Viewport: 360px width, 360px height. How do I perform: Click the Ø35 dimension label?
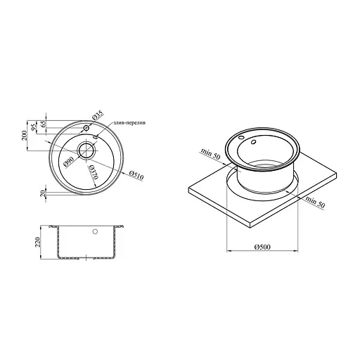[98, 116]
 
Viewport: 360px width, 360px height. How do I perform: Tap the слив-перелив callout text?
[129, 123]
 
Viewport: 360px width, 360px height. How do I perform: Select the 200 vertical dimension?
[25, 136]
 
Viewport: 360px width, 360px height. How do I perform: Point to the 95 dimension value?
[34, 127]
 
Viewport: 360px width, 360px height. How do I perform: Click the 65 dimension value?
[44, 124]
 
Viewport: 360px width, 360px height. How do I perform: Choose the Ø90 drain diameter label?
[69, 162]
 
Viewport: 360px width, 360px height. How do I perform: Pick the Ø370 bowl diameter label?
[93, 172]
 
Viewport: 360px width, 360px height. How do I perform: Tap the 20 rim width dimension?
[43, 193]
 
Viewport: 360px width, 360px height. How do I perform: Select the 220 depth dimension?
[37, 242]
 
